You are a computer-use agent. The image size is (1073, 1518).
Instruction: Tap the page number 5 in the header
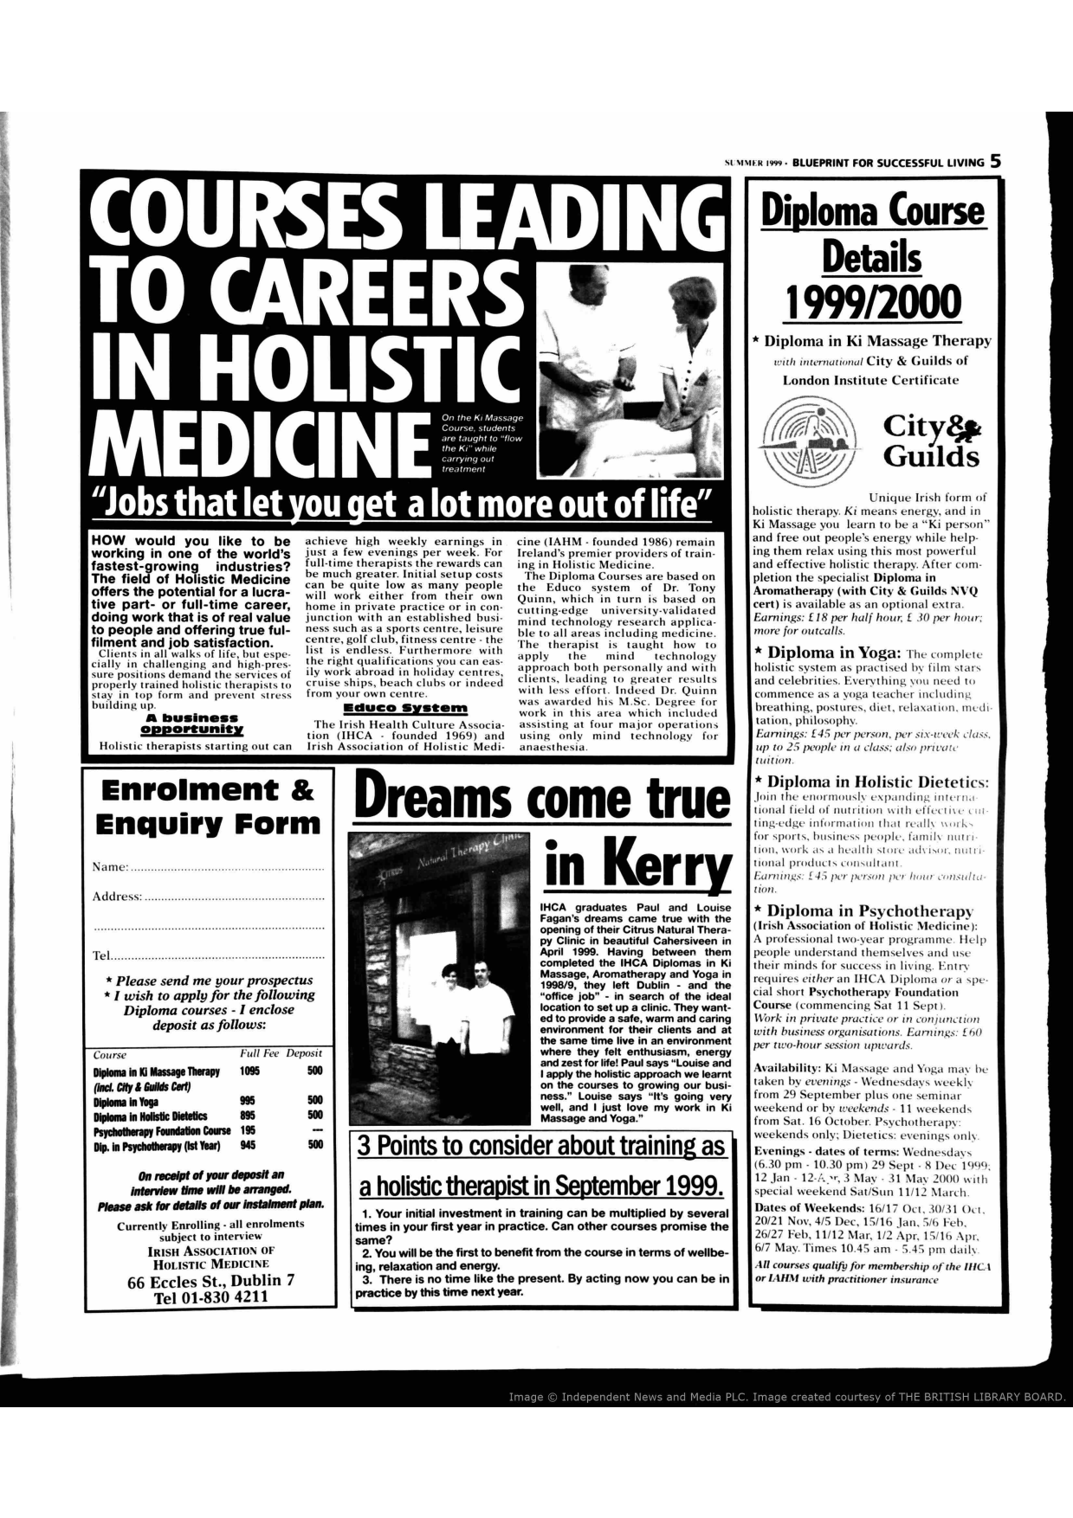click(996, 161)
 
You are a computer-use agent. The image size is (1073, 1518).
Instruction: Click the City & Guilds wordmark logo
click(931, 441)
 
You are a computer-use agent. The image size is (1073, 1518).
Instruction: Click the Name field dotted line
click(227, 868)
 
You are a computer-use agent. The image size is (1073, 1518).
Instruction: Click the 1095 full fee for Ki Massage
click(250, 1071)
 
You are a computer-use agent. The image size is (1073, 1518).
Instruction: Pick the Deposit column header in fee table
click(305, 1053)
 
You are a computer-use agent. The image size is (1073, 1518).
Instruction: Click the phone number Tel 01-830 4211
click(211, 1296)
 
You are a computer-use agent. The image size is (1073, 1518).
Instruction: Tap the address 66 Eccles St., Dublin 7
click(211, 1280)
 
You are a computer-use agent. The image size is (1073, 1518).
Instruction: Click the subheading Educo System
click(405, 709)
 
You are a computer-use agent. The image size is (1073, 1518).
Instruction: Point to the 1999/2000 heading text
click(872, 303)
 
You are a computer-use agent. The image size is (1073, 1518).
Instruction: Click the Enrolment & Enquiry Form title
click(207, 805)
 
